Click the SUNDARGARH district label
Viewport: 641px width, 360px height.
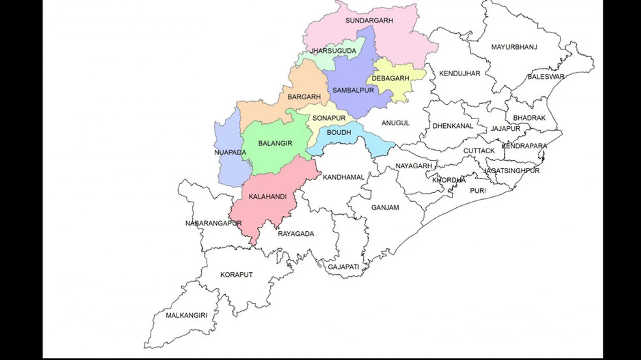coord(369,21)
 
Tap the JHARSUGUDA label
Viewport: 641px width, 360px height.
coord(333,51)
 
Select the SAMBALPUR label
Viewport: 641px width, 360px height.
coord(353,91)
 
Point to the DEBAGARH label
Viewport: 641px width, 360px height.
coord(391,78)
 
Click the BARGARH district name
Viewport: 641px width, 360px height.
coord(304,97)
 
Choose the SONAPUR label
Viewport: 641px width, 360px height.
coord(329,118)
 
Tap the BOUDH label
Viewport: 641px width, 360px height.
coord(339,133)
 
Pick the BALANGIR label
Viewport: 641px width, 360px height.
coord(275,144)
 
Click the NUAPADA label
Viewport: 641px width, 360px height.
coord(230,152)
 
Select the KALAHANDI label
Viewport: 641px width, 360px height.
coord(267,197)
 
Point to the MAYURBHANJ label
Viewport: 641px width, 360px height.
coord(514,47)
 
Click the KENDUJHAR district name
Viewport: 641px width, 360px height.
coord(459,74)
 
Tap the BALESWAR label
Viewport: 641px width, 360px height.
coord(546,77)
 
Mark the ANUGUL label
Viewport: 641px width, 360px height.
coord(396,123)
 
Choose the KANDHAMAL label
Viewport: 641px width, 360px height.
coord(344,177)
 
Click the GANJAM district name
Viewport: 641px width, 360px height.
coord(385,207)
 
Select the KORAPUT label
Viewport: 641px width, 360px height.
coord(236,275)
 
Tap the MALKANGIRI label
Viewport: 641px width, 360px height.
coord(186,315)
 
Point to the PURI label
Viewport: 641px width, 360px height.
coord(478,191)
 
